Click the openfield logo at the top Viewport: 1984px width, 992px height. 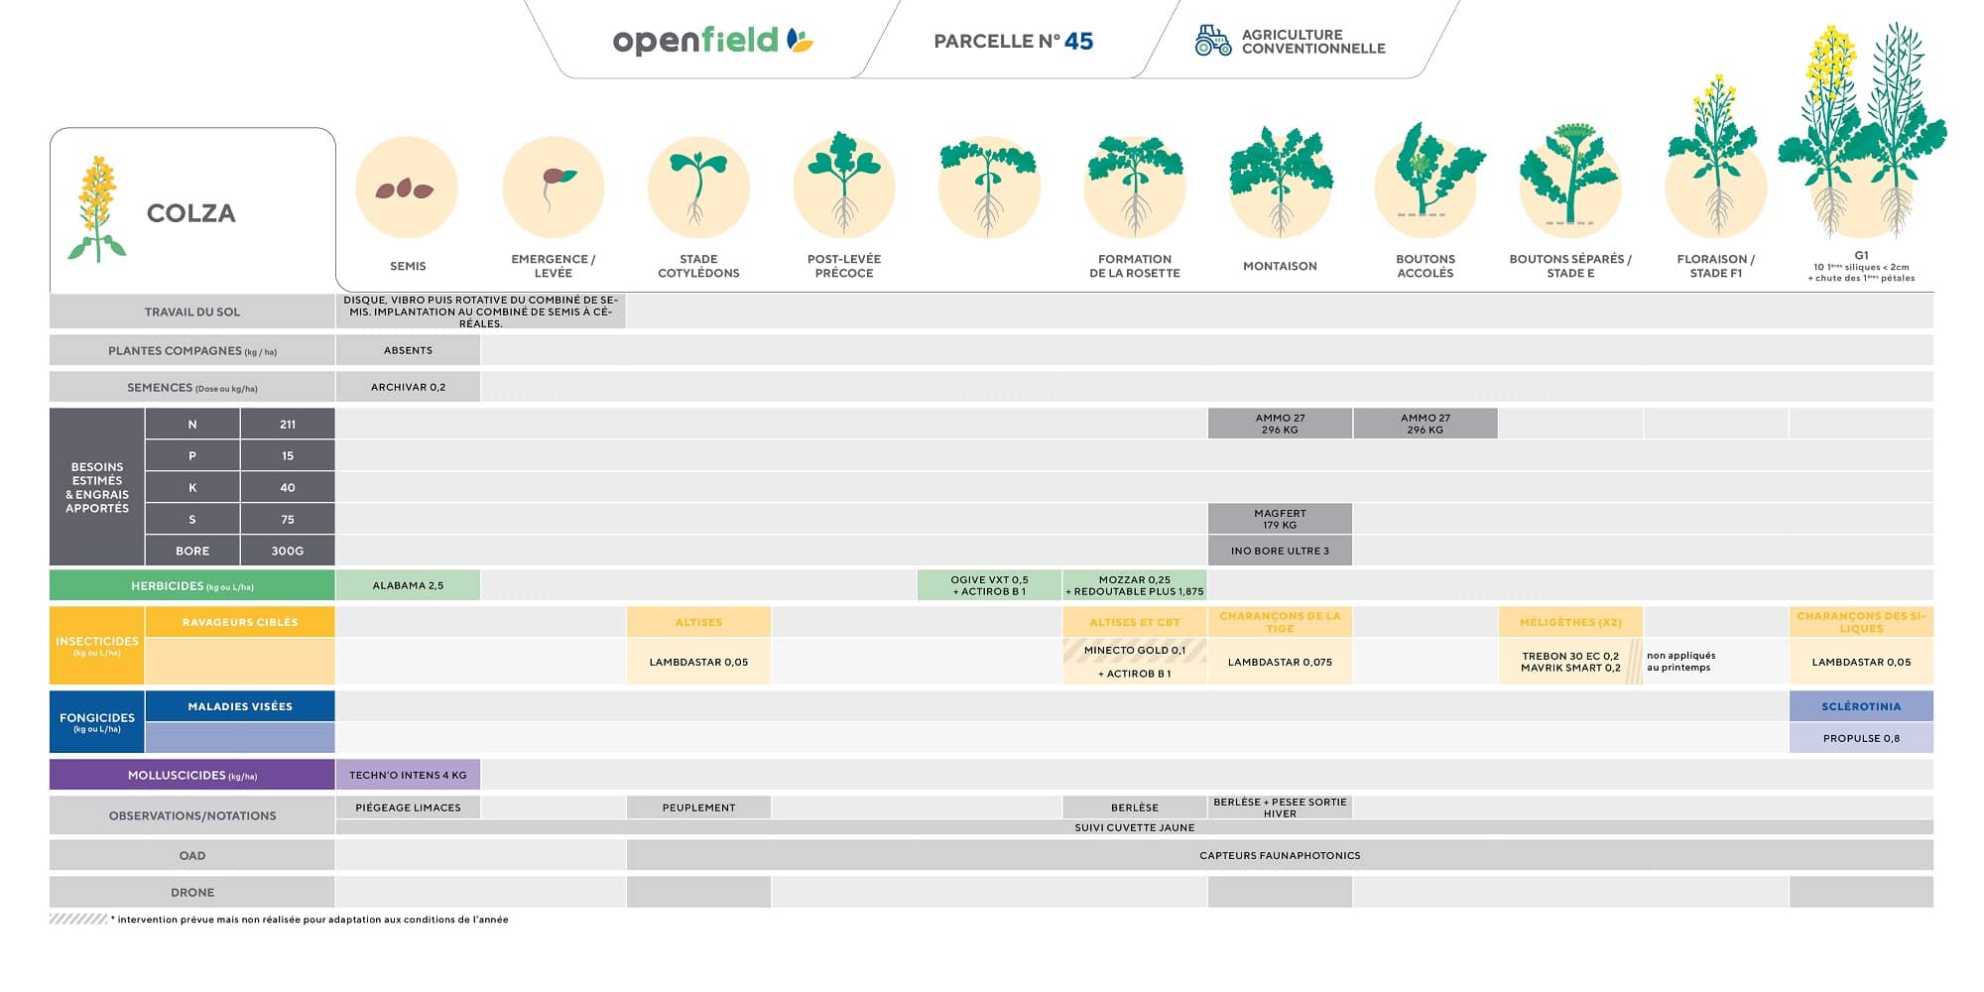point(711,41)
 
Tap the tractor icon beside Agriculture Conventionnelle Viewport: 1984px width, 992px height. point(1211,41)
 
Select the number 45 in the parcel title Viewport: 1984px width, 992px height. point(1078,42)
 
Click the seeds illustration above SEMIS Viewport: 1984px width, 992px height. point(405,188)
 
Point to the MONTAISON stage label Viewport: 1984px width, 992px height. point(1280,266)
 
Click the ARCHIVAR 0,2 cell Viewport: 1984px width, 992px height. point(408,387)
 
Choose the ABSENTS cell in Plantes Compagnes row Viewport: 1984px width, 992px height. point(408,350)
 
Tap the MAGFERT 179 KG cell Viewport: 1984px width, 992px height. point(1280,519)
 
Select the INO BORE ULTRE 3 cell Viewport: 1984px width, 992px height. point(1280,551)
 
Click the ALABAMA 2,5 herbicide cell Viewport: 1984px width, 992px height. point(408,585)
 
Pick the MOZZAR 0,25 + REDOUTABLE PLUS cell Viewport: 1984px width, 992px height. point(1135,585)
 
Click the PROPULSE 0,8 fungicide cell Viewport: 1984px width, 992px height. point(1861,738)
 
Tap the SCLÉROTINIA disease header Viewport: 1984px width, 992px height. point(1861,706)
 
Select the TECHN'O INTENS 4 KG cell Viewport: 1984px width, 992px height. point(408,775)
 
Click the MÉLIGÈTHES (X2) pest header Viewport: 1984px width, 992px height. point(1570,622)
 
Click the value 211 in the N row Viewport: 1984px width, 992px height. point(288,425)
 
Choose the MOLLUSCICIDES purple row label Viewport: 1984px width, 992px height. point(192,775)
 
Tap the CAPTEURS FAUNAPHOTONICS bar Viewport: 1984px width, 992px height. point(1280,855)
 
